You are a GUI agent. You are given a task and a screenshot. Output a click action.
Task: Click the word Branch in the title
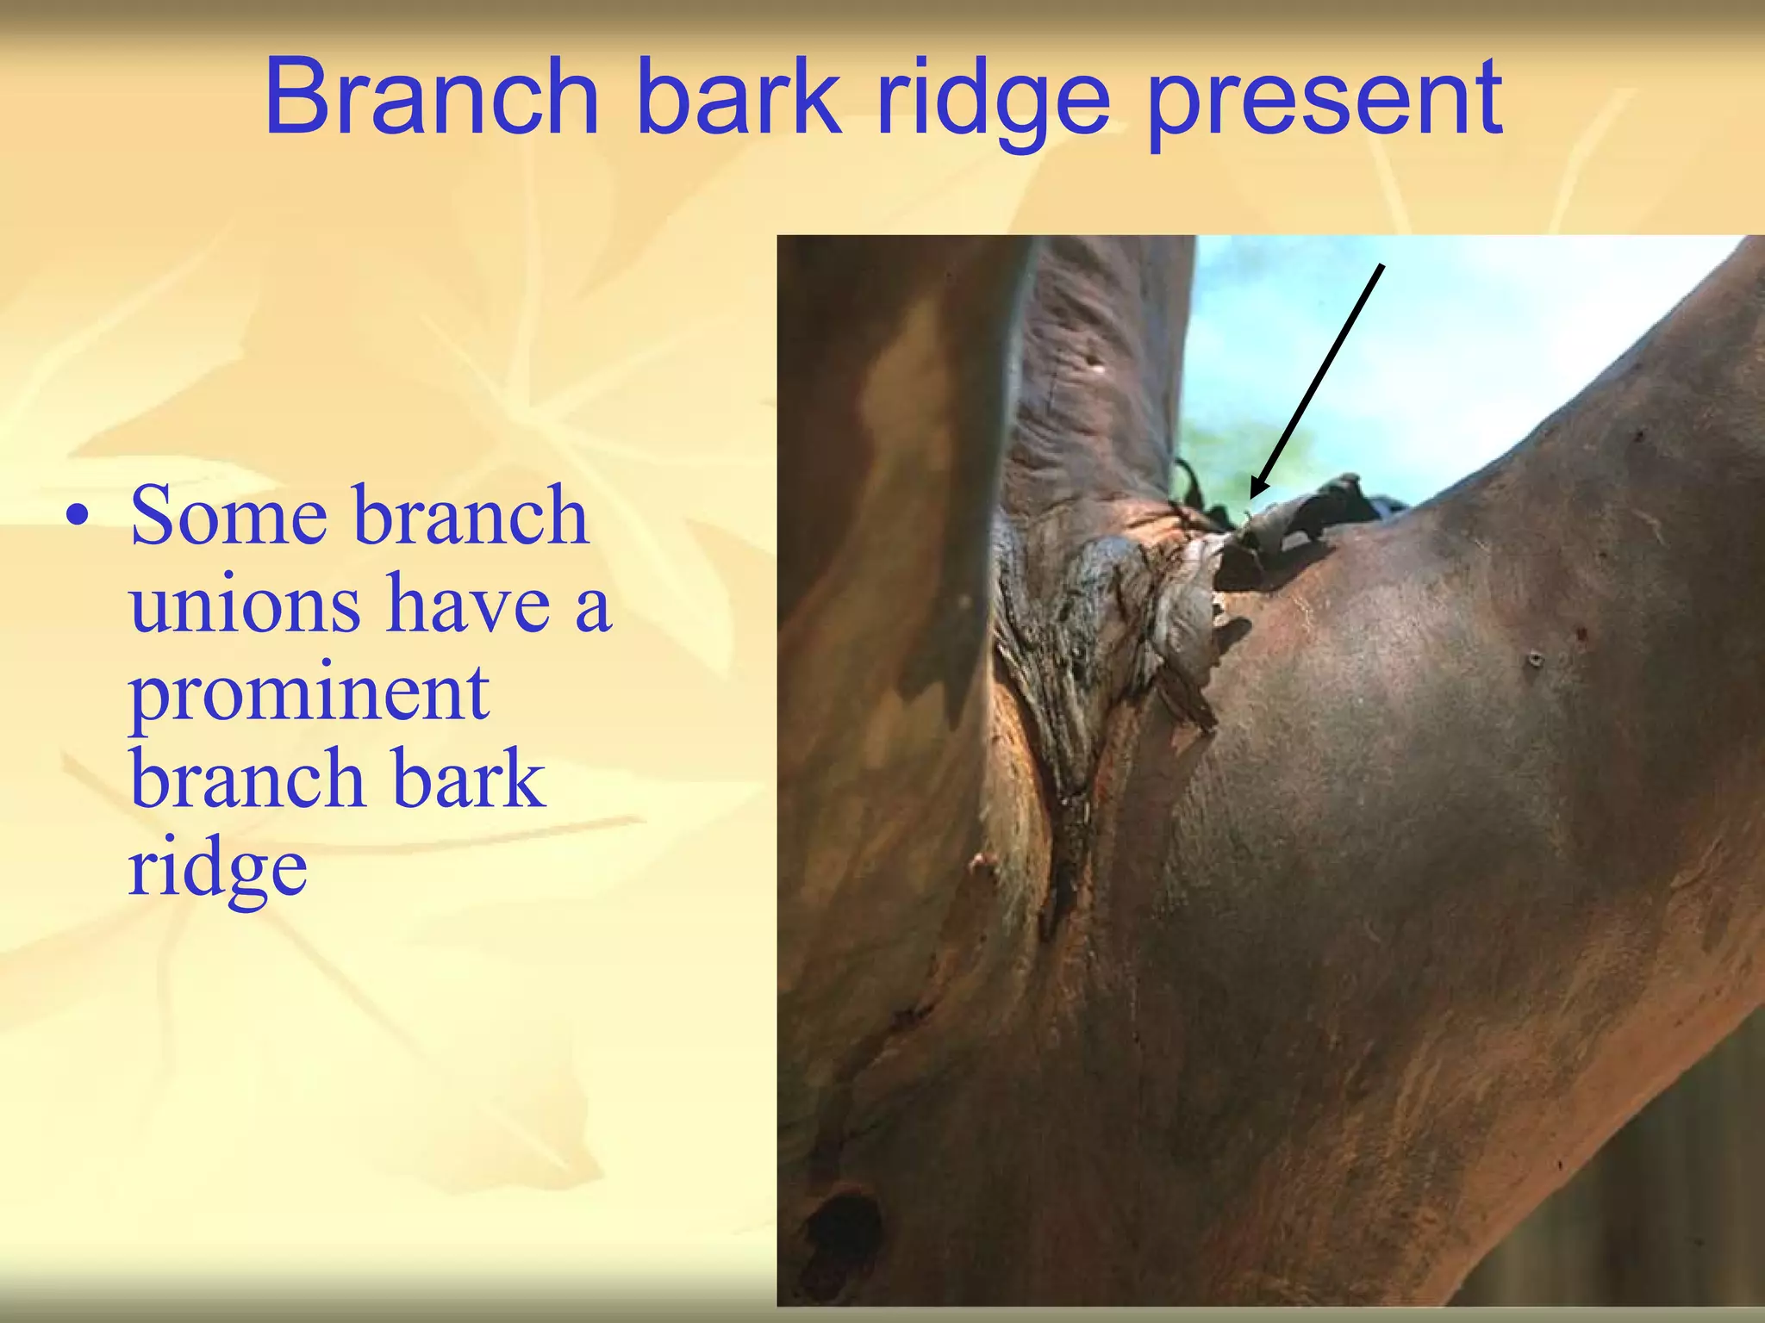(431, 96)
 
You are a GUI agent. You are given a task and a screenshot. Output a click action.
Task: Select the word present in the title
(1325, 102)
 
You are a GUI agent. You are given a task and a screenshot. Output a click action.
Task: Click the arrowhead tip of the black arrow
(1251, 497)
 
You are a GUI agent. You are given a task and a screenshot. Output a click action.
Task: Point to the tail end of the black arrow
(1381, 266)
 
